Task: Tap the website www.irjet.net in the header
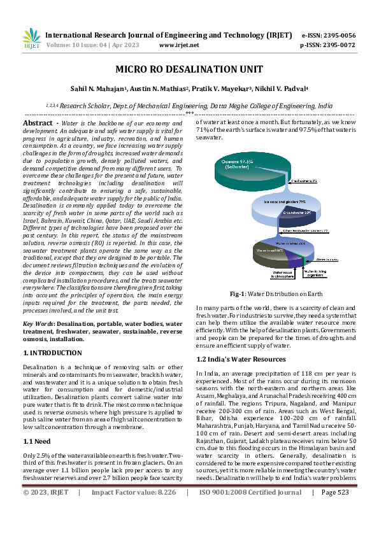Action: pyautogui.click(x=179, y=45)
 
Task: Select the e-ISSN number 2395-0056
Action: pyautogui.click(x=338, y=35)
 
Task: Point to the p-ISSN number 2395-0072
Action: pyautogui.click(x=338, y=45)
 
